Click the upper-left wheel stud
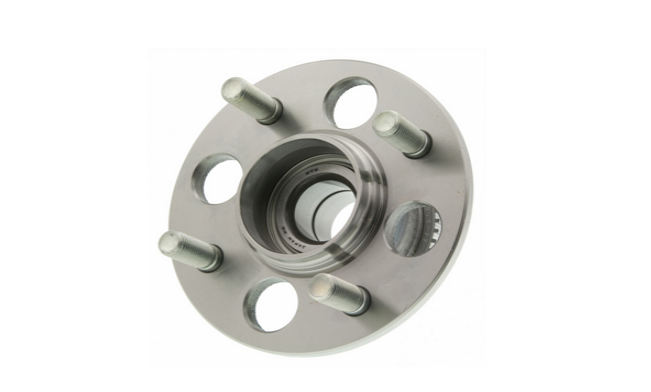tap(251, 100)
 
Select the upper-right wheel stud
tap(402, 134)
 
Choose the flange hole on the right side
tap(411, 227)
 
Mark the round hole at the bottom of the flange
tap(270, 303)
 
